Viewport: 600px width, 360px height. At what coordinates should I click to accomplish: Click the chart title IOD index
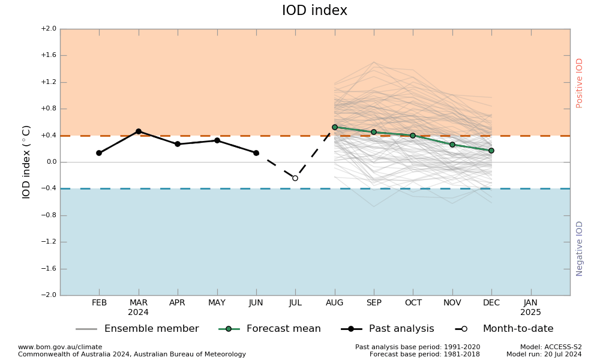(314, 11)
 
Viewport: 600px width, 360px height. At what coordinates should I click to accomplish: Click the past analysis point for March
(139, 131)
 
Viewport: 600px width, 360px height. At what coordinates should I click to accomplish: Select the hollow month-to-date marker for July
(295, 178)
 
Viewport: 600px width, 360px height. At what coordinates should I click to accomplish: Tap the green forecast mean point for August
(335, 127)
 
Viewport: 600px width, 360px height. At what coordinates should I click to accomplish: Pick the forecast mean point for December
(491, 151)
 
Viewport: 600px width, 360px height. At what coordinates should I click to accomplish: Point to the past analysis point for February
(99, 153)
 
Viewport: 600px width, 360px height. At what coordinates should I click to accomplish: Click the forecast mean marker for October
(413, 136)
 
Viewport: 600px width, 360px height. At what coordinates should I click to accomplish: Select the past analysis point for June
(256, 153)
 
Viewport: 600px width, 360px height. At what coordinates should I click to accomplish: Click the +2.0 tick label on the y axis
(49, 29)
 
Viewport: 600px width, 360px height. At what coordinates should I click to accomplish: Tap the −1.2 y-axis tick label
(49, 242)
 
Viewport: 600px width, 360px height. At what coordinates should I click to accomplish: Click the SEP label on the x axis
(374, 303)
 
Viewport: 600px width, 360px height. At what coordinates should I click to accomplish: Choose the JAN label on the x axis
(530, 303)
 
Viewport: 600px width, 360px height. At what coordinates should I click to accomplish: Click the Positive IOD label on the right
(580, 83)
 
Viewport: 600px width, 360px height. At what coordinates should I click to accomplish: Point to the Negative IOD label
(580, 248)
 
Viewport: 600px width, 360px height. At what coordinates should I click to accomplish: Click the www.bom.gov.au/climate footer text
(60, 347)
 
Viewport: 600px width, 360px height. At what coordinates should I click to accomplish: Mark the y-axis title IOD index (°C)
(26, 162)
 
